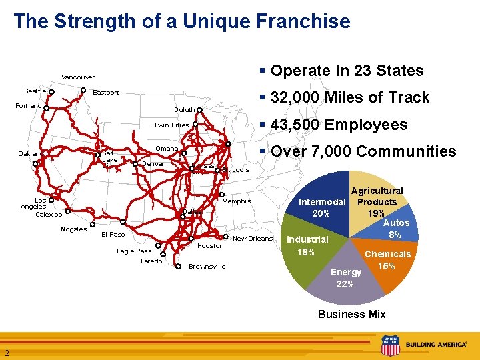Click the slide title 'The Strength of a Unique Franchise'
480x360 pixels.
[x=181, y=21]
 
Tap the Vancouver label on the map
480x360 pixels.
[x=78, y=77]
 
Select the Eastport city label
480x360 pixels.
[x=105, y=92]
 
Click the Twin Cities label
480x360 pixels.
[x=171, y=125]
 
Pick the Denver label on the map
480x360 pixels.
[x=153, y=164]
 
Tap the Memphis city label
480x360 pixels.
[x=237, y=201]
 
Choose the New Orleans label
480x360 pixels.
[x=253, y=239]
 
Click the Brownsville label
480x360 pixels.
[x=207, y=267]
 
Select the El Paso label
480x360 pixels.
[x=113, y=235]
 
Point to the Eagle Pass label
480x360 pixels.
[x=134, y=251]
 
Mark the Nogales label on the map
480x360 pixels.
[x=73, y=229]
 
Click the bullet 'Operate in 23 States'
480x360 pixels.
[x=347, y=71]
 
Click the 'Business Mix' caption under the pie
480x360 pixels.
[x=351, y=314]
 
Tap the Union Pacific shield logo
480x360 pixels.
[x=389, y=345]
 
